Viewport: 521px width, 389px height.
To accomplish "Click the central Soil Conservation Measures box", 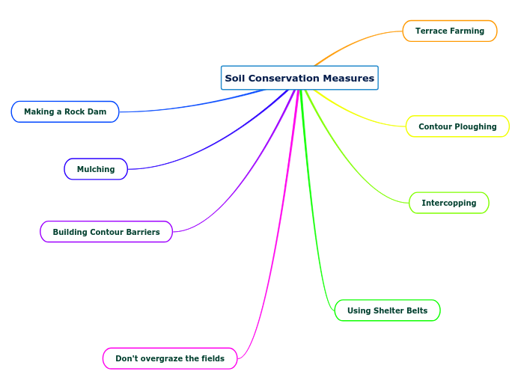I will click(299, 78).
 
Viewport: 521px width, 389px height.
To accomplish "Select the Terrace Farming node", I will click(450, 31).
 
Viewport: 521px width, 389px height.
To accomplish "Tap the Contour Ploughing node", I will click(457, 126).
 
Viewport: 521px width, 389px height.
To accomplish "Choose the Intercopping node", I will click(448, 203).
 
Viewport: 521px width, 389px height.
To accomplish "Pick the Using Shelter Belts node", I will click(387, 310).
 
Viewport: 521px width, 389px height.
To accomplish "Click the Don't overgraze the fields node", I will click(170, 358).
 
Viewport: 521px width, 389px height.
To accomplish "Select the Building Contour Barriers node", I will click(106, 232).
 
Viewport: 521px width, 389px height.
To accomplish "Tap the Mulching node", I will click(96, 169).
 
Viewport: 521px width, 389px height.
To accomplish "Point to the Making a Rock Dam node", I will click(65, 111).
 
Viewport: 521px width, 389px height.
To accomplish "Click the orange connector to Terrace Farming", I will click(359, 41).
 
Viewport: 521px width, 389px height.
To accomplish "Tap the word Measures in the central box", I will click(350, 78).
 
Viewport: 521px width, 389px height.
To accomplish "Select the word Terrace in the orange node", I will click(432, 31).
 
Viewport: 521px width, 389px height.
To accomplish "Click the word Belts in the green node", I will click(415, 310).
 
